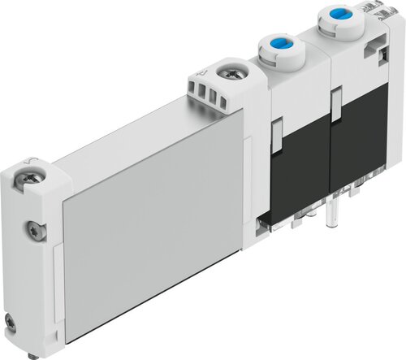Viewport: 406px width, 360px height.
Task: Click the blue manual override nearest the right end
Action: pyautogui.click(x=335, y=14)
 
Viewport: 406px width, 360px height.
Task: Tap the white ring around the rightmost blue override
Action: pyautogui.click(x=335, y=22)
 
